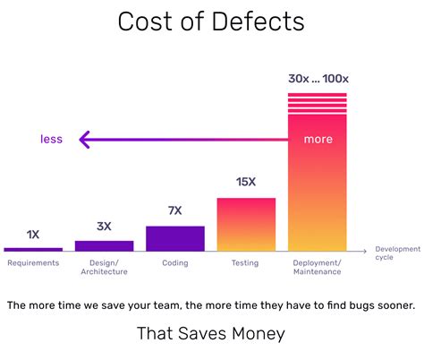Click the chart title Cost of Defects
[211, 22]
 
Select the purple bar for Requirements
[33, 248]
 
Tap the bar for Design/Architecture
[104, 244]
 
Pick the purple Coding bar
[175, 237]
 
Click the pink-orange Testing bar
[246, 224]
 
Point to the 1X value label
[33, 235]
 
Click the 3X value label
[104, 227]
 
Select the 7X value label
[175, 211]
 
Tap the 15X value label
[246, 182]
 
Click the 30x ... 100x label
[317, 79]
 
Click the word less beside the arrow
[51, 139]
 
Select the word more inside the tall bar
[318, 139]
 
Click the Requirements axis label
[33, 263]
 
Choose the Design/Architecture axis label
[104, 267]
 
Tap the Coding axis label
[175, 263]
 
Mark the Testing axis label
[246, 263]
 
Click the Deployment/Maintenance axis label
[317, 267]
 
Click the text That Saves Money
[211, 334]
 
